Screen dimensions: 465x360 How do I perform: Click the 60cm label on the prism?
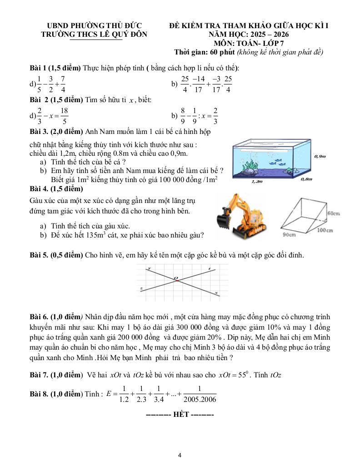(334, 213)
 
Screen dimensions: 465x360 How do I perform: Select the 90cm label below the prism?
(289, 235)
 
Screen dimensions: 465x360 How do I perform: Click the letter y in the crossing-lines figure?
(149, 269)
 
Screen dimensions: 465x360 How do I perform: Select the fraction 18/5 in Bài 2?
(64, 115)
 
